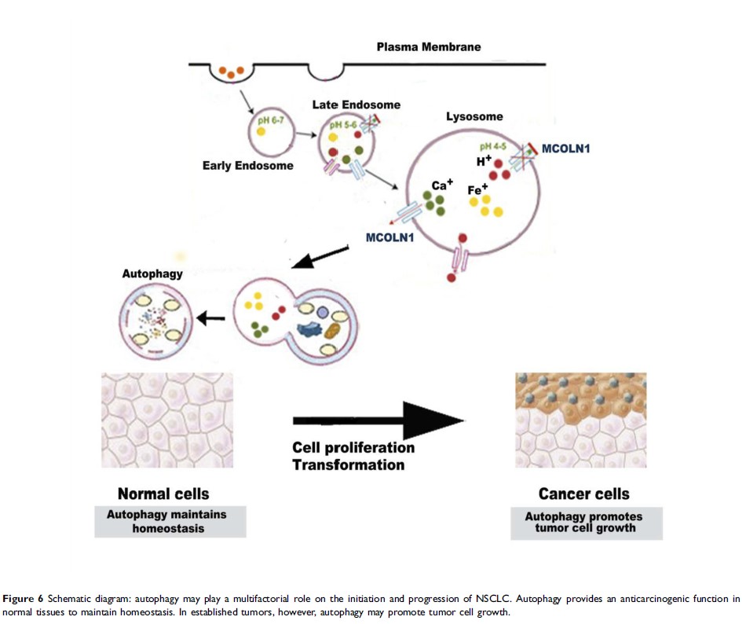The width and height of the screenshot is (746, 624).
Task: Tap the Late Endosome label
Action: point(357,105)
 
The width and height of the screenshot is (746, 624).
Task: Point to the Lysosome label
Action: point(474,116)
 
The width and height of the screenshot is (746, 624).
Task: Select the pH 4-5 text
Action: point(493,146)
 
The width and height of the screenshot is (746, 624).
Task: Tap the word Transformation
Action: point(348,464)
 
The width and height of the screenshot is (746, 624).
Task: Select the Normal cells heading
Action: point(163,494)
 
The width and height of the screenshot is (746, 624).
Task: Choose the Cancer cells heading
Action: point(583,494)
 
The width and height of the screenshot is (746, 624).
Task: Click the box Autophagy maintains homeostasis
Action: point(170,522)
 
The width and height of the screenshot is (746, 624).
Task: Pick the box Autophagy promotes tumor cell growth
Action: point(586,522)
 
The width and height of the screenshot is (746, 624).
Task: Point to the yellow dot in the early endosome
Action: point(261,132)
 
